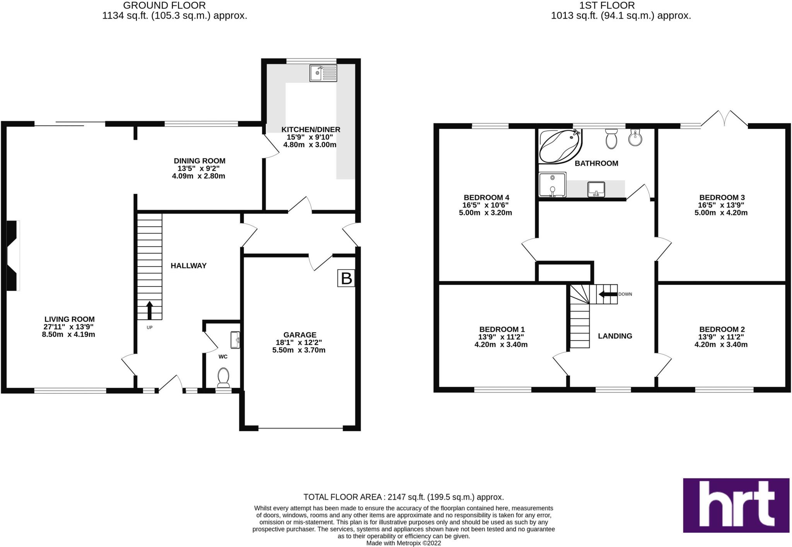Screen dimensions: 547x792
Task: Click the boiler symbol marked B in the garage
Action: pyautogui.click(x=346, y=278)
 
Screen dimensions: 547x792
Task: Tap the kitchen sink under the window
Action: pyautogui.click(x=323, y=73)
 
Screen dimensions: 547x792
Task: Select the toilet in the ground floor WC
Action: pyautogui.click(x=223, y=377)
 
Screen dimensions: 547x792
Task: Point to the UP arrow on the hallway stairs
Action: pyautogui.click(x=149, y=310)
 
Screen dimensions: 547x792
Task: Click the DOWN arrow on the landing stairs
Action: pyautogui.click(x=608, y=294)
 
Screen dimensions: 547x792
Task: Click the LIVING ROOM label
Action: pyautogui.click(x=69, y=319)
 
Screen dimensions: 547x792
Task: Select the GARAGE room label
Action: pyautogui.click(x=300, y=335)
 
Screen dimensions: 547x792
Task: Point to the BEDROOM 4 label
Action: pyautogui.click(x=484, y=197)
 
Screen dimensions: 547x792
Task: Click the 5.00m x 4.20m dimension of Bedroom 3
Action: pyautogui.click(x=721, y=213)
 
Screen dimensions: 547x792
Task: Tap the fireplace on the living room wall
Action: pyautogui.click(x=13, y=255)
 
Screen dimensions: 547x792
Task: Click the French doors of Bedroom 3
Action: pyautogui.click(x=724, y=120)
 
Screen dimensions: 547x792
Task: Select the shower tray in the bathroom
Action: pyautogui.click(x=552, y=185)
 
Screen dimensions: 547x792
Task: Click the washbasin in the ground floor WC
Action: pyautogui.click(x=235, y=340)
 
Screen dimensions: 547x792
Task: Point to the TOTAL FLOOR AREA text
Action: pyautogui.click(x=403, y=497)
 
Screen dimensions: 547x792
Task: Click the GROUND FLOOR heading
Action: pyautogui.click(x=164, y=5)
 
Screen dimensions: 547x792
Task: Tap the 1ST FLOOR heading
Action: pyautogui.click(x=607, y=5)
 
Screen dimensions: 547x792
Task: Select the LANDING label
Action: pyautogui.click(x=615, y=336)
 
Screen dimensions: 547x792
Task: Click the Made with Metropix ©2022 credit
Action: pyautogui.click(x=403, y=543)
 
